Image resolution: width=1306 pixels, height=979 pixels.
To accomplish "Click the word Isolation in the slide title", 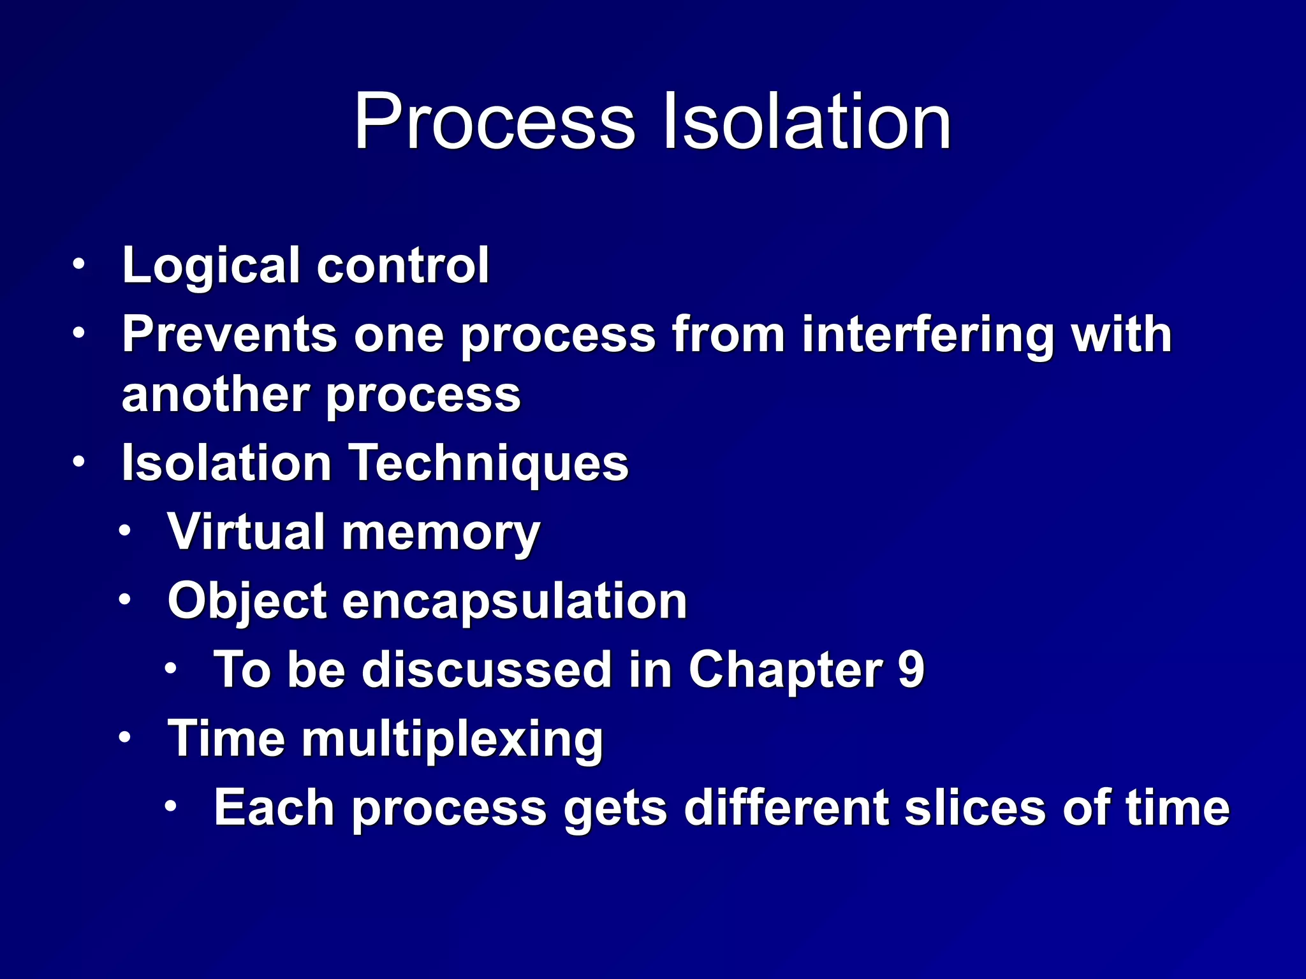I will pyautogui.click(x=807, y=121).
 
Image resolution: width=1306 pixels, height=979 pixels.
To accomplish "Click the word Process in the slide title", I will pyautogui.click(x=495, y=121).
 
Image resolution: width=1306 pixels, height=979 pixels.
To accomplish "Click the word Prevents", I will pyautogui.click(x=229, y=334).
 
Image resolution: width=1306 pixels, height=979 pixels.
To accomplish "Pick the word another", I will pyautogui.click(x=216, y=395).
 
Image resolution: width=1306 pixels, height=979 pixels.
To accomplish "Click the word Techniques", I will pyautogui.click(x=489, y=464).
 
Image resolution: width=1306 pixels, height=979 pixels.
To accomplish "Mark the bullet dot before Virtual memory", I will pyautogui.click(x=125, y=530).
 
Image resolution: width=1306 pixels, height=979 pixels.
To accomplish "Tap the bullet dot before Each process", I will pyautogui.click(x=170, y=806).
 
